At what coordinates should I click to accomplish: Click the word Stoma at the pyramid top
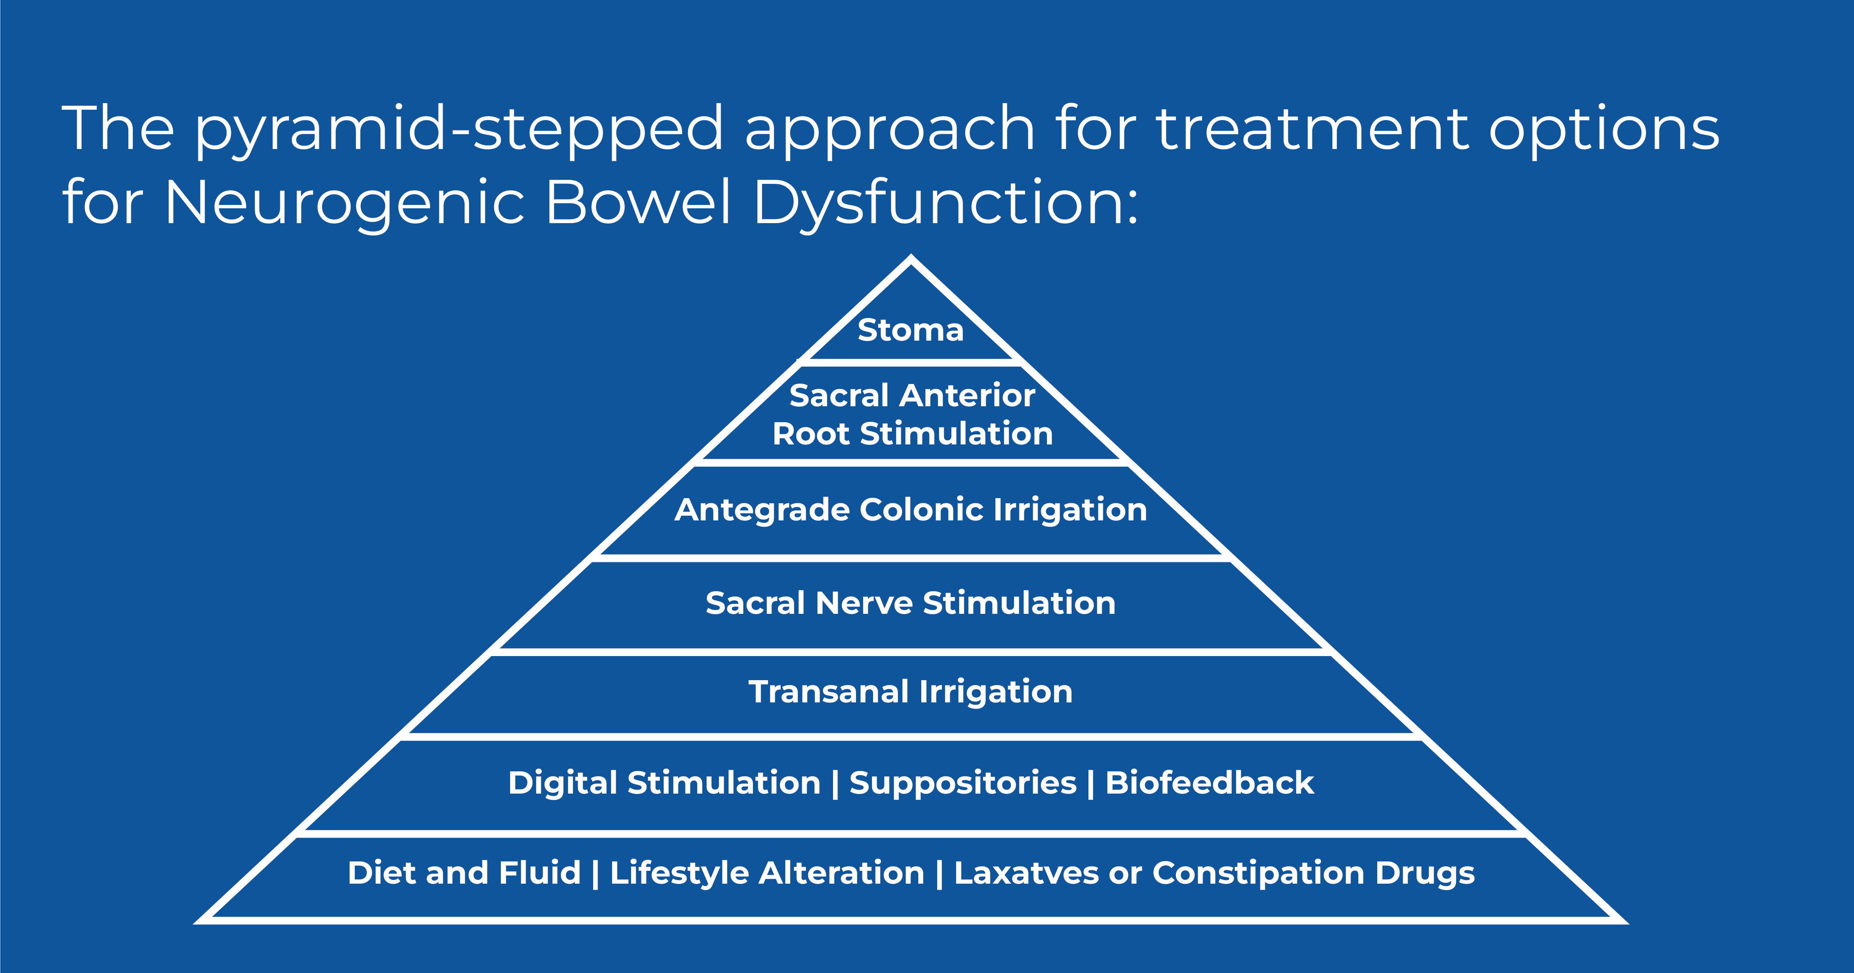(x=911, y=330)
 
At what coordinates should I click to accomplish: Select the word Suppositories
(x=963, y=783)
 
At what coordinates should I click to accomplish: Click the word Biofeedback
(x=1210, y=783)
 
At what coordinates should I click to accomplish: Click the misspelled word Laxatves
(x=1025, y=873)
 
